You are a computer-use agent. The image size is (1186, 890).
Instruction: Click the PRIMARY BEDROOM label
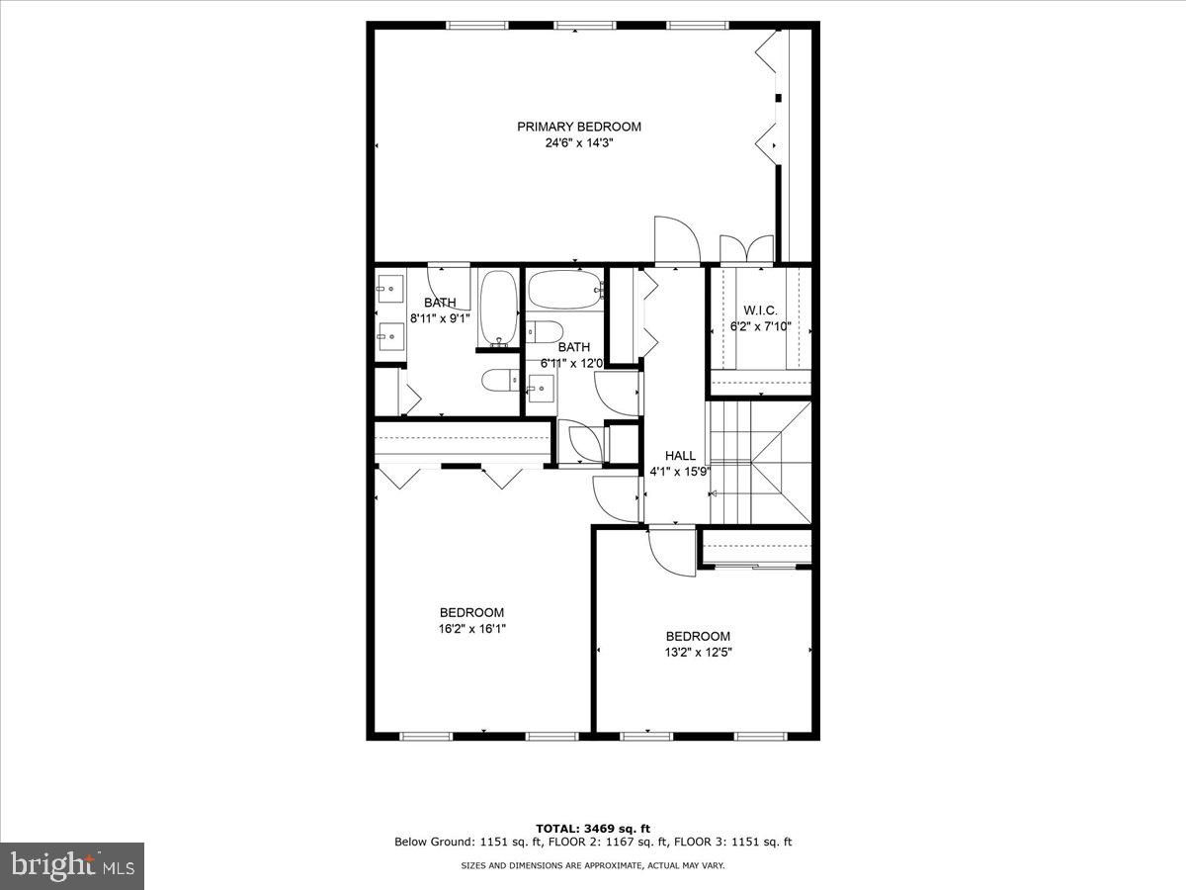579,127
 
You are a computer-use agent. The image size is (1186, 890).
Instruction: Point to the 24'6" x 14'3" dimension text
579,143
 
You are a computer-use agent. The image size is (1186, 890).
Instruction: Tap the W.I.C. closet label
760,311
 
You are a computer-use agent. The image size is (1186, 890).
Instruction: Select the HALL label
680,455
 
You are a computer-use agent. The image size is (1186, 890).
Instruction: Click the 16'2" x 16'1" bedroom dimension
472,629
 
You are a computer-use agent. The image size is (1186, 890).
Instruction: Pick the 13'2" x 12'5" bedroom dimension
698,653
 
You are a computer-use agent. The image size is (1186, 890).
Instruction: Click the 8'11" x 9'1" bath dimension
440,318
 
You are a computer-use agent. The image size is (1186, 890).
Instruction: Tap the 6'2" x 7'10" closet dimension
760,326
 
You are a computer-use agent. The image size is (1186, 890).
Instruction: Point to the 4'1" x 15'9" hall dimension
680,472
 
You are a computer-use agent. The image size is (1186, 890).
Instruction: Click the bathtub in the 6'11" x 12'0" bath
565,290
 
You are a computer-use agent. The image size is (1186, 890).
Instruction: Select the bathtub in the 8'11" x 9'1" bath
499,308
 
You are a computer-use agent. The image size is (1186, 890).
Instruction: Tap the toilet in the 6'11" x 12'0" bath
545,332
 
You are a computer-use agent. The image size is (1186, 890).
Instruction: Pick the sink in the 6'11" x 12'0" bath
541,388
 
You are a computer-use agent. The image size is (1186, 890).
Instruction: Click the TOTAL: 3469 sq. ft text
593,829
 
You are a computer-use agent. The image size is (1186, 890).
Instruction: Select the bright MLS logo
72,865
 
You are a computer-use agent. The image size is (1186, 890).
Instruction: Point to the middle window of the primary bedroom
584,25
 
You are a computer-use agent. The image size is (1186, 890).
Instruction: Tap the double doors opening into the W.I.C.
747,249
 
